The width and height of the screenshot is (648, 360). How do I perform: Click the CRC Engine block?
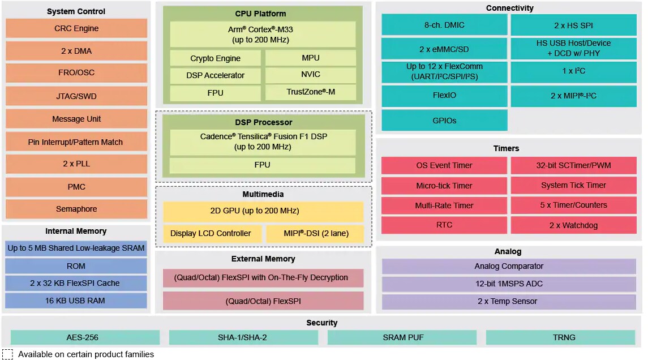click(76, 28)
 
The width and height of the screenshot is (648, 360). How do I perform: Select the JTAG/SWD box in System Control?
click(76, 96)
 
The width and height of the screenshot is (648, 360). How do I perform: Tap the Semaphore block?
click(76, 209)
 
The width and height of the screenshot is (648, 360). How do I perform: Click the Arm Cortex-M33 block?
click(263, 35)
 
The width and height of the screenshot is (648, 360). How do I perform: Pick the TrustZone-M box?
click(311, 92)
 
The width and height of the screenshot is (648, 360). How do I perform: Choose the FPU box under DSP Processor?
click(263, 165)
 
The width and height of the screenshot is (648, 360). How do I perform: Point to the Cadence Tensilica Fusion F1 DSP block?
click(263, 142)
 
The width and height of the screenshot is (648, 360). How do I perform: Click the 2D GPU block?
click(263, 211)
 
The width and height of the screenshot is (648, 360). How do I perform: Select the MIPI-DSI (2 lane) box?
click(316, 233)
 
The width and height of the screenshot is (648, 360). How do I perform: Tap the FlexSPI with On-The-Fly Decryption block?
click(263, 277)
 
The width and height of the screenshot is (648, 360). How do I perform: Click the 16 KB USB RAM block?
click(76, 301)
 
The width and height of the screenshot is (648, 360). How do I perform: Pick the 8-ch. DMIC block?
click(444, 25)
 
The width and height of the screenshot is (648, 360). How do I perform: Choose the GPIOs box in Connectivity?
click(444, 121)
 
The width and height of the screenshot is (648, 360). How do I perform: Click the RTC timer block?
click(444, 225)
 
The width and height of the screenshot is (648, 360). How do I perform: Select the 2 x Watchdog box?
click(573, 225)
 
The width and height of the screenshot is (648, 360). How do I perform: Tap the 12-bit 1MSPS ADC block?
click(509, 284)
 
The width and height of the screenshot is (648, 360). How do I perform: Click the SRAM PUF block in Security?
click(402, 337)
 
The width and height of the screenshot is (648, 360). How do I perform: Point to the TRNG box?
click(564, 337)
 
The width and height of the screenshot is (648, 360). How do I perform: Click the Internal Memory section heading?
click(76, 231)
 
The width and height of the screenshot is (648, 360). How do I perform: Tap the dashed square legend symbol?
click(8, 354)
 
